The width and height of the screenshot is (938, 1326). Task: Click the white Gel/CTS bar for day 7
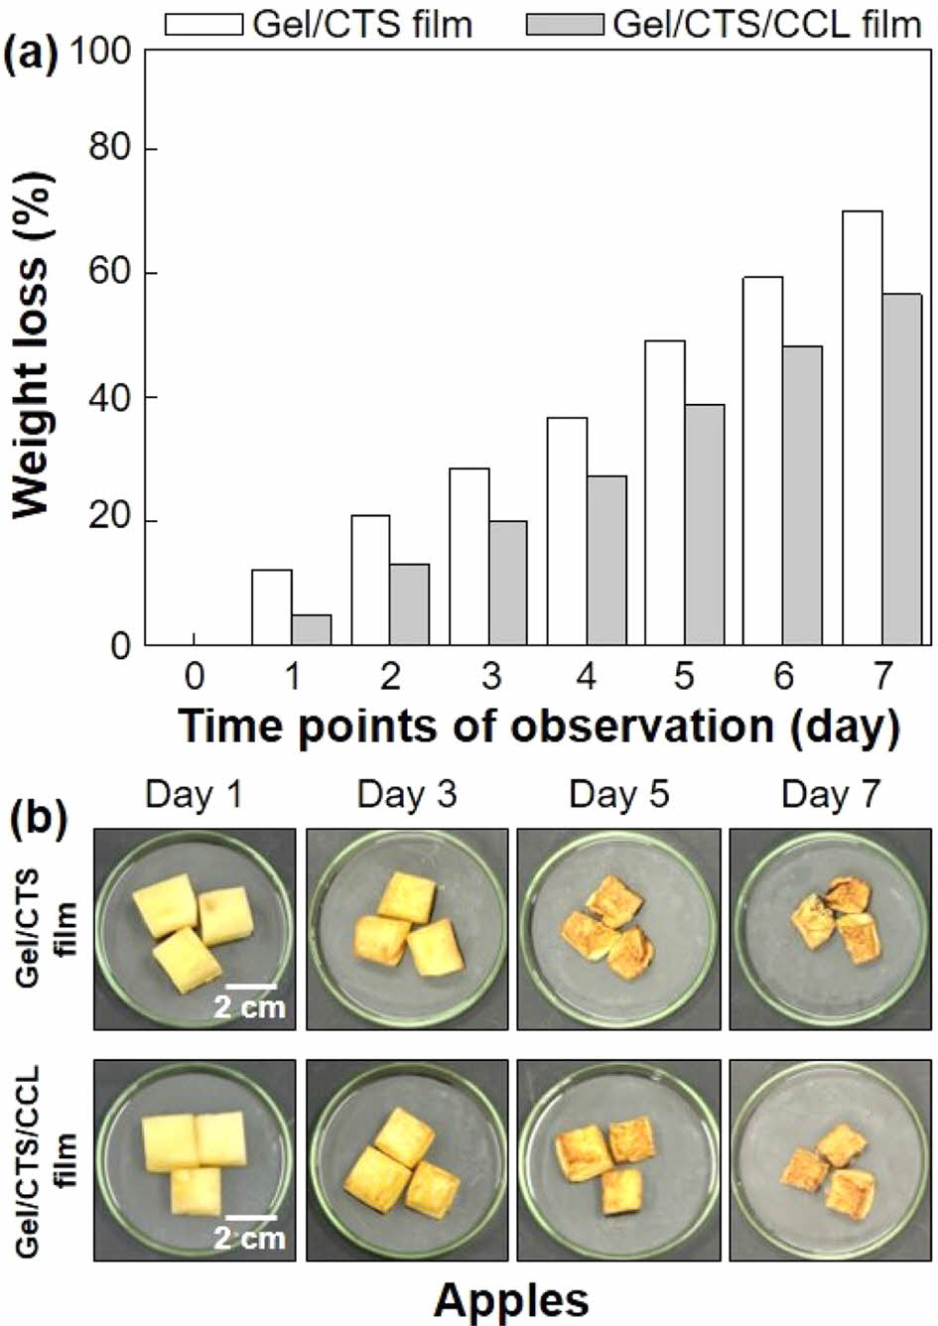pos(863,428)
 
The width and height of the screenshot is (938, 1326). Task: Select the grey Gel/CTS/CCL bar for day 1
pos(312,630)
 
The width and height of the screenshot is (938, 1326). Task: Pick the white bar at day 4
pos(567,531)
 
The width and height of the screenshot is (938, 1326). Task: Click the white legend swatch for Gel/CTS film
pos(203,24)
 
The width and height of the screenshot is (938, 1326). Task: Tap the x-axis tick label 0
pos(194,678)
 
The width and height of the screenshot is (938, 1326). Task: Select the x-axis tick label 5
pos(685,678)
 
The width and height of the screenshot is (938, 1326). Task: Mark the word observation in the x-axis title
pos(641,726)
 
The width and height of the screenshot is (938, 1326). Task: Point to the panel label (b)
pos(40,821)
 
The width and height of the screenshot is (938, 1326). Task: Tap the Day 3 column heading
pos(406,795)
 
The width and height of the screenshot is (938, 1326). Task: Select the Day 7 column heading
pos(830,795)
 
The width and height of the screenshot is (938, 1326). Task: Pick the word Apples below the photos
pos(511,1298)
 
